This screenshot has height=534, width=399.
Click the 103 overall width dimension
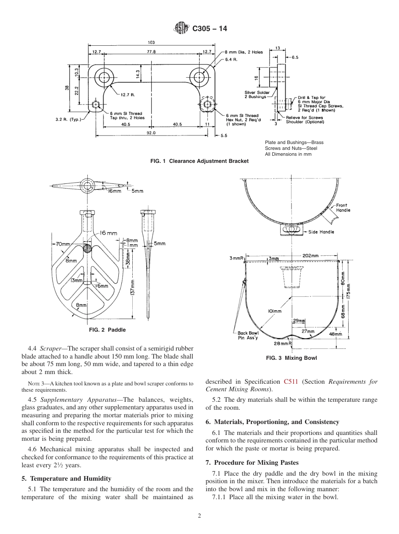152,42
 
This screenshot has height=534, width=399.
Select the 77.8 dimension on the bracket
151,52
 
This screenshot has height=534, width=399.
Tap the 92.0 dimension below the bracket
151,133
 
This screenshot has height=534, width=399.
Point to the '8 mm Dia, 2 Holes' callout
244,52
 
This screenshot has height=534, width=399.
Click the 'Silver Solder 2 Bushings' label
256,94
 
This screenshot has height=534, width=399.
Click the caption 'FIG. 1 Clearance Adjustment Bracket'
199,161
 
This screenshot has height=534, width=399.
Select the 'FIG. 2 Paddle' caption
107,330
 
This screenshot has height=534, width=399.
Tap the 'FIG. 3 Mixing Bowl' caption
291,358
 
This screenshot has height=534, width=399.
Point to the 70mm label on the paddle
63,244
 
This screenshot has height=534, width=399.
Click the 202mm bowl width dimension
310,256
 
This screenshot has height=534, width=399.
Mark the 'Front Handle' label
343,208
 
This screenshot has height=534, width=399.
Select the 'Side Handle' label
321,232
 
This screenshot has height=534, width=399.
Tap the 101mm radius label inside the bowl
274,311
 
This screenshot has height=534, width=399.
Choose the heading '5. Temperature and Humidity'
66,479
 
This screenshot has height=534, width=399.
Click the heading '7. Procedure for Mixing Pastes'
252,463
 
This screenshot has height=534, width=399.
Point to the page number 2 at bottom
199,516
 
